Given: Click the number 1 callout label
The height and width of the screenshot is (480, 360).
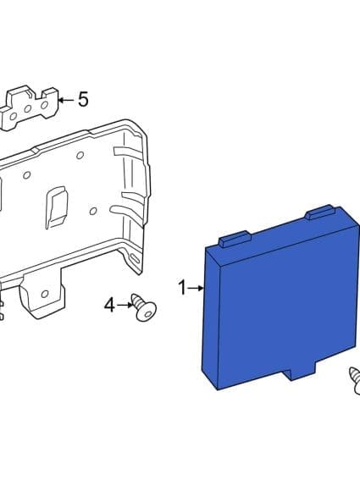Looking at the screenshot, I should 181,288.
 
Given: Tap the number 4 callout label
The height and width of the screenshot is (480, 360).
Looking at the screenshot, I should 109,303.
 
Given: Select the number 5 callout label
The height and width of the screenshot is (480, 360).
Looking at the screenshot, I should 82,100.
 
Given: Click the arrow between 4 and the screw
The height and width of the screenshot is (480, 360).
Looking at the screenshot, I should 125,303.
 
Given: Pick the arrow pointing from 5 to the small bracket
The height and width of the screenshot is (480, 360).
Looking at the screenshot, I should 65,100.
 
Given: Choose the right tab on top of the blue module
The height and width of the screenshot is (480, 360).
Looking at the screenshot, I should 322,213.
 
